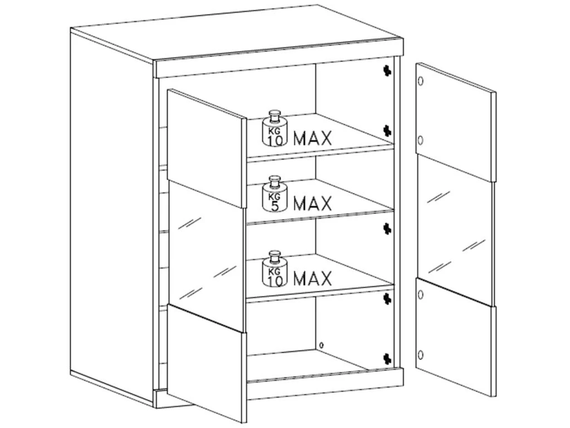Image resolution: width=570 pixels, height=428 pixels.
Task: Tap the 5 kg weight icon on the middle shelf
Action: coord(275,194)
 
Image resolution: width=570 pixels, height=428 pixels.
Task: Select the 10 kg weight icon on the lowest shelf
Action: coord(275,269)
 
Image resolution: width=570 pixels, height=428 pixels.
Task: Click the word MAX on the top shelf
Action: coord(313,138)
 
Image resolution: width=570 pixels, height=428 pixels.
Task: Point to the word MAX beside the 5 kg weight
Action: coord(313,203)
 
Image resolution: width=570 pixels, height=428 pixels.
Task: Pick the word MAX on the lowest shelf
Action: coord(313,279)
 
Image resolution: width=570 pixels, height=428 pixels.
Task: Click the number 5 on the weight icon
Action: coord(275,206)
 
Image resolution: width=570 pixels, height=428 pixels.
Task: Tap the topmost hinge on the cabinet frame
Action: coord(387,71)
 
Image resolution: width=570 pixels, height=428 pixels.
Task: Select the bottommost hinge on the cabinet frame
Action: coord(387,358)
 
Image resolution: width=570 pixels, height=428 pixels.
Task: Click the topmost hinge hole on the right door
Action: coord(421,81)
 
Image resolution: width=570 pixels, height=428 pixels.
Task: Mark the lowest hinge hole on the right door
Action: coord(421,354)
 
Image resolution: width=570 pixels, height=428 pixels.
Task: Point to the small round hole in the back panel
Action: coord(321,344)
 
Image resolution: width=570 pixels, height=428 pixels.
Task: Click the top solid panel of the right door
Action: coord(455,122)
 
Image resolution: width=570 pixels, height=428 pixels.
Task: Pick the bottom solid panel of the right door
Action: coord(455,337)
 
